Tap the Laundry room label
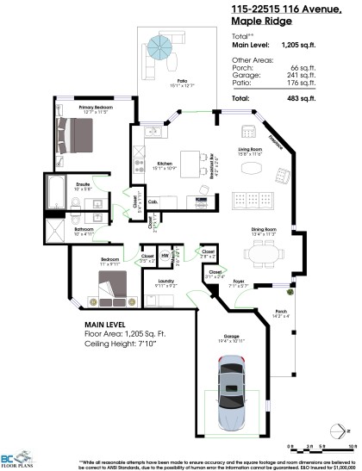pos(166,281)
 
